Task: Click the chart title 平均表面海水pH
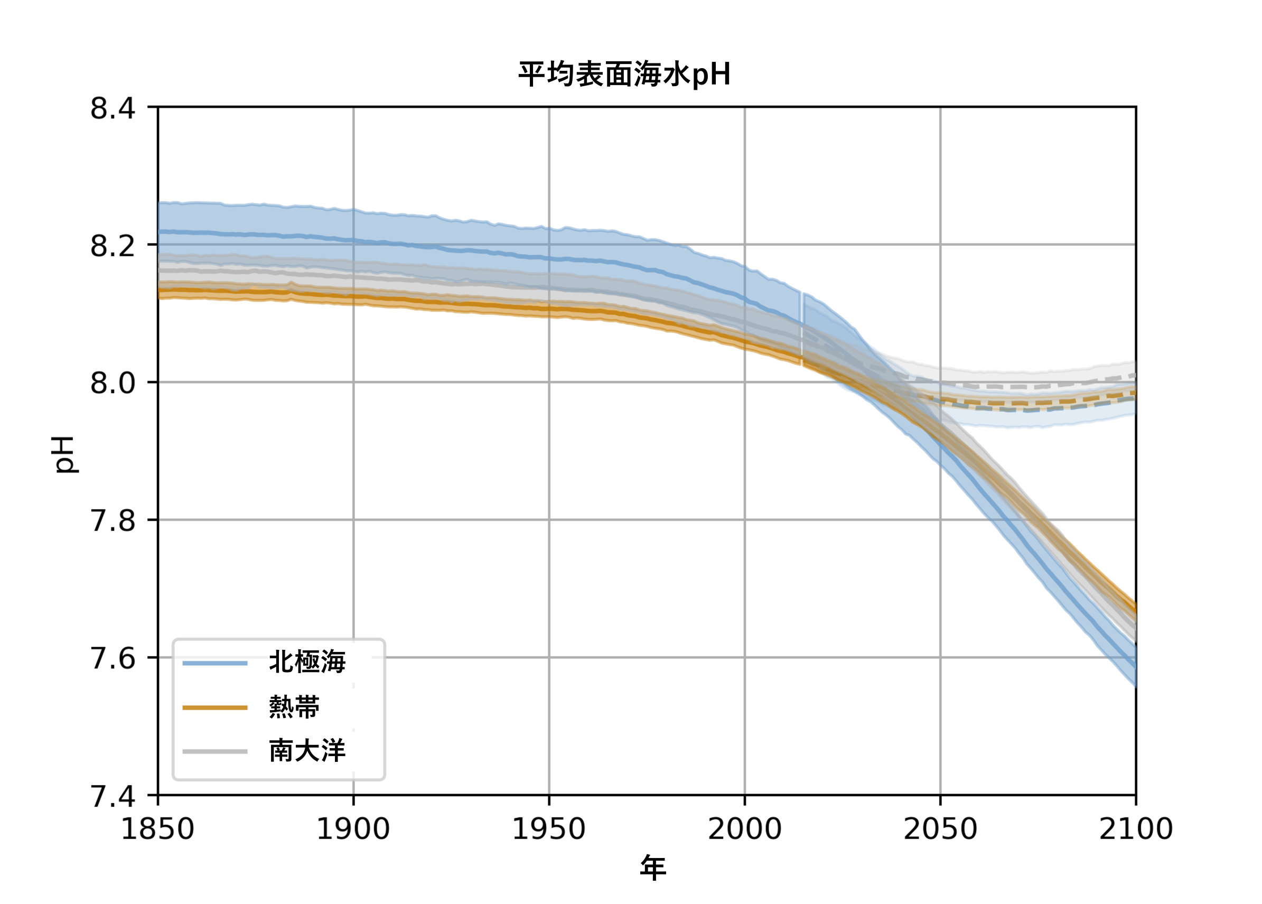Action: point(624,74)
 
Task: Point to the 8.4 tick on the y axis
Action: point(113,108)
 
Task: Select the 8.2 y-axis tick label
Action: point(113,246)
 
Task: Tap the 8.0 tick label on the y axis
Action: point(113,383)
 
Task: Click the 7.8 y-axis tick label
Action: point(113,520)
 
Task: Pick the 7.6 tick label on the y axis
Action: point(113,658)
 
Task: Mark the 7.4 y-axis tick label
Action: point(113,796)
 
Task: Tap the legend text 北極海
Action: point(307,663)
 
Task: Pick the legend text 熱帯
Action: point(294,707)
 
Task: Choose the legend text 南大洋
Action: point(307,751)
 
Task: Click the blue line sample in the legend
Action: point(215,663)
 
